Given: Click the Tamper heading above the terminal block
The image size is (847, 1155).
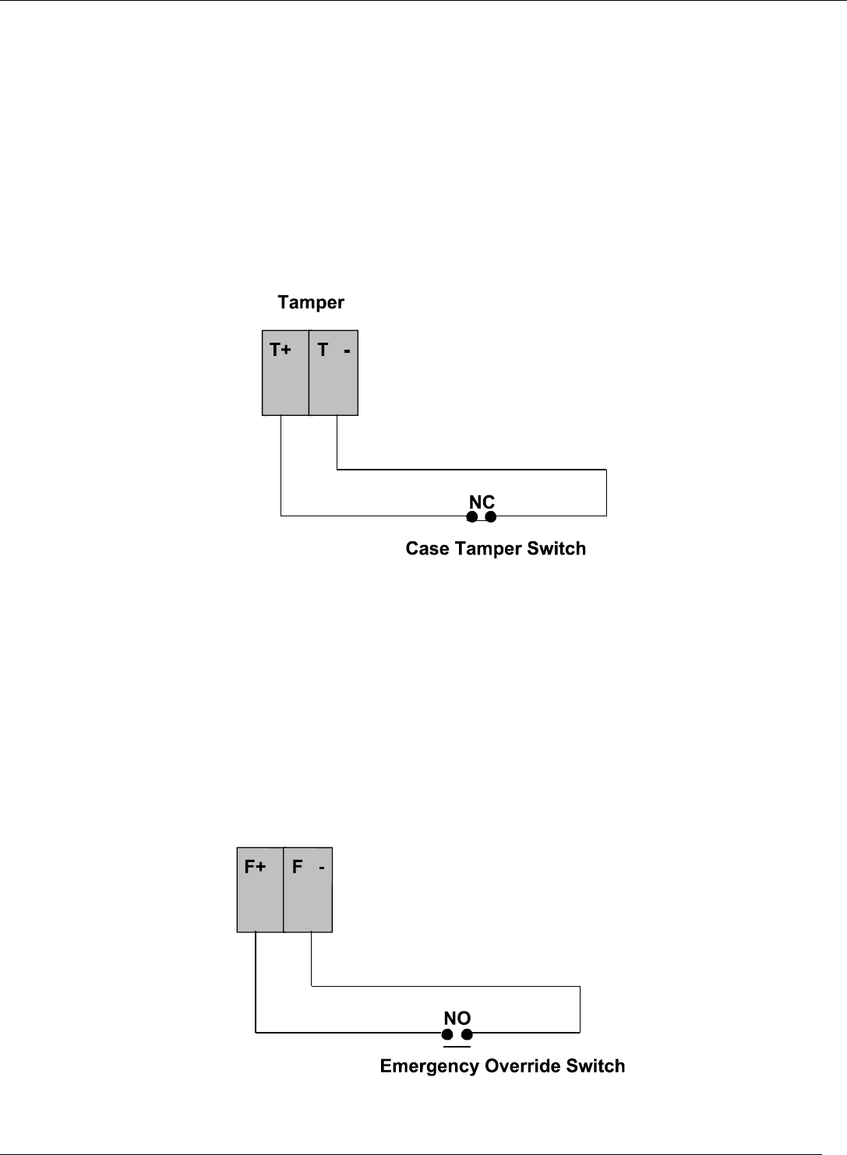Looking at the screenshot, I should point(311,302).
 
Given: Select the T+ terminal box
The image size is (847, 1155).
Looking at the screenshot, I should point(285,373).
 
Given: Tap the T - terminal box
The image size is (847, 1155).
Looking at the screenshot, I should point(334,373).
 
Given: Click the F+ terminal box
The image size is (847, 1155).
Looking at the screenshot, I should point(260,889).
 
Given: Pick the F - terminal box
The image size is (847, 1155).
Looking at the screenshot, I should point(308,889).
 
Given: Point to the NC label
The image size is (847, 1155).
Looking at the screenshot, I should point(482,502).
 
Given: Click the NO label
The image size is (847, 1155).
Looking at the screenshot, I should point(457,1018).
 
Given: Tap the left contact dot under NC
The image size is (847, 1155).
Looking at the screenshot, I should point(472,516).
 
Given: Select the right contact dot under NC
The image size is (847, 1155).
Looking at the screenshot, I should point(491,516).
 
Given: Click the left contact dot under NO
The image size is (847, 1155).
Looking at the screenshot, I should point(447,1034).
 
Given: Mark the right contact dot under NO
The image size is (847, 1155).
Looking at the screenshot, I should point(467,1034).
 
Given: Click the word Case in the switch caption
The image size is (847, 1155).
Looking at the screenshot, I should point(427,548).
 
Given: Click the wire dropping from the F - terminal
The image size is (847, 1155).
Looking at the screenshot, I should point(312,959).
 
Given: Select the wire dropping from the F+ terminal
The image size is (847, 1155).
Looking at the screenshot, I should point(256,981).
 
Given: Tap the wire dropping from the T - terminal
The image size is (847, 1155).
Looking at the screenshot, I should point(337,442).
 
